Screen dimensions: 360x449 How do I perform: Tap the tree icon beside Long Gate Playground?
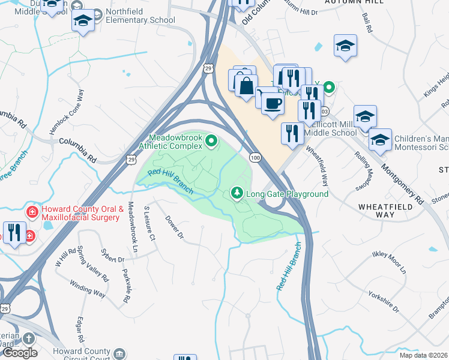coord(237,193)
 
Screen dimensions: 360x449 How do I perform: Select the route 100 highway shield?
coord(255,157)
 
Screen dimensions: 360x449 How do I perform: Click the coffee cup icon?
coord(273,103)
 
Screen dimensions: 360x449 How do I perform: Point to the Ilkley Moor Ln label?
coord(389,263)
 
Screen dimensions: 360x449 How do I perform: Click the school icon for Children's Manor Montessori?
coord(379,141)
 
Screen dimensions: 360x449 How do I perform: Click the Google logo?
coord(20,352)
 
